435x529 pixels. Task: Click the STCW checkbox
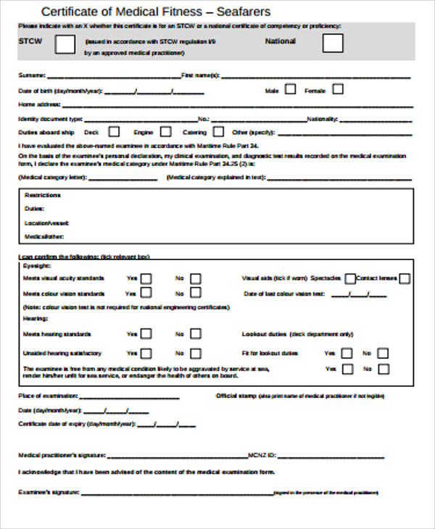(x=65, y=44)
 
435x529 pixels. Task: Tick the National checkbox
(x=333, y=43)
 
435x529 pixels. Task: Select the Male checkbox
(x=290, y=90)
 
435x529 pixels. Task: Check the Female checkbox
(x=337, y=90)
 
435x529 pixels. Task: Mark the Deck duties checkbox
(x=114, y=132)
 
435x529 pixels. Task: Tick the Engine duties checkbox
(x=166, y=132)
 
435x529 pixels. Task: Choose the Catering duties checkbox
(x=220, y=132)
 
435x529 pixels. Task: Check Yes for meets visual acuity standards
(x=146, y=278)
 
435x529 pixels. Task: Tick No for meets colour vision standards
(x=195, y=293)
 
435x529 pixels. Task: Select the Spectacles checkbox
(x=350, y=278)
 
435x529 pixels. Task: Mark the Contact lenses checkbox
(x=405, y=278)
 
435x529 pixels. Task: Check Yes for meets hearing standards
(x=146, y=334)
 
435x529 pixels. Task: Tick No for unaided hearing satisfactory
(x=195, y=353)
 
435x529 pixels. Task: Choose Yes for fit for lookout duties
(x=347, y=353)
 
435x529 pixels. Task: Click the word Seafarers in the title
(x=242, y=12)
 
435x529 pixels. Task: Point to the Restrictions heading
(x=41, y=196)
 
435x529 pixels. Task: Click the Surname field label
(x=31, y=75)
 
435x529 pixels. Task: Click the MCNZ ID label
(x=261, y=456)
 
